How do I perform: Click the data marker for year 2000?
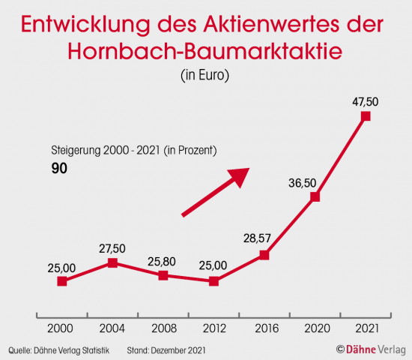(62, 281)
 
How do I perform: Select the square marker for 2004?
(112, 262)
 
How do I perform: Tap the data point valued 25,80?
(163, 275)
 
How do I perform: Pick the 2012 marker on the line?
(213, 281)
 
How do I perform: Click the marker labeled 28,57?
(264, 255)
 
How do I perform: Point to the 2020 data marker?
(315, 196)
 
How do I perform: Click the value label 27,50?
(112, 248)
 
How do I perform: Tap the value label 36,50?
(303, 182)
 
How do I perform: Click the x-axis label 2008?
(163, 328)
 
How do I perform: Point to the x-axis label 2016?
(264, 328)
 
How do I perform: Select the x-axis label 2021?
(366, 328)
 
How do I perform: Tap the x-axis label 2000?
(62, 328)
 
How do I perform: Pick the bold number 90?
(59, 169)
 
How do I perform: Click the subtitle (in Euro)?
(205, 75)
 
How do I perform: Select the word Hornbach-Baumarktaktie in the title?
(205, 51)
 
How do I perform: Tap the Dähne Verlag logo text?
(372, 349)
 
